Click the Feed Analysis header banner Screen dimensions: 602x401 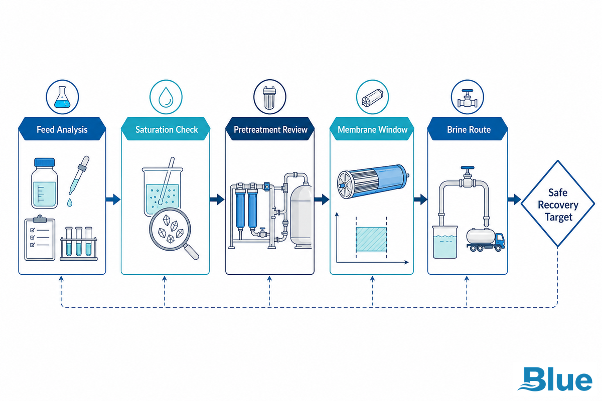tap(62, 129)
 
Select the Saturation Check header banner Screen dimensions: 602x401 tap(166, 129)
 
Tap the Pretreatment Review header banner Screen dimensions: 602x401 tap(270, 129)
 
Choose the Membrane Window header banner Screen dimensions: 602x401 tap(372, 129)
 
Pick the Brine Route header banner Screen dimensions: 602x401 tap(468, 129)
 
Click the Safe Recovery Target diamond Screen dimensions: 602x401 tap(558, 204)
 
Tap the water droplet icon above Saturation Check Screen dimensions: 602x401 tap(166, 97)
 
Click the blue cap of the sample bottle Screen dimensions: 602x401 tap(44, 162)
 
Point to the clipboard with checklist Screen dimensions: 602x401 tap(40, 238)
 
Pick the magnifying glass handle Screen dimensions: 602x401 tap(191, 253)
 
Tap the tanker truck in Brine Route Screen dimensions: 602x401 tap(486, 240)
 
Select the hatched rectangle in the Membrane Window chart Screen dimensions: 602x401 tap(371, 239)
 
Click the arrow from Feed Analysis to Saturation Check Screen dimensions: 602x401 tap(113, 199)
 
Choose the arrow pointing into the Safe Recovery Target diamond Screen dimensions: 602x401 tap(514, 199)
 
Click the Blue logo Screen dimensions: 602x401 tap(555, 379)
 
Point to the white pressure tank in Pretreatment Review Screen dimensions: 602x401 tap(302, 215)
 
